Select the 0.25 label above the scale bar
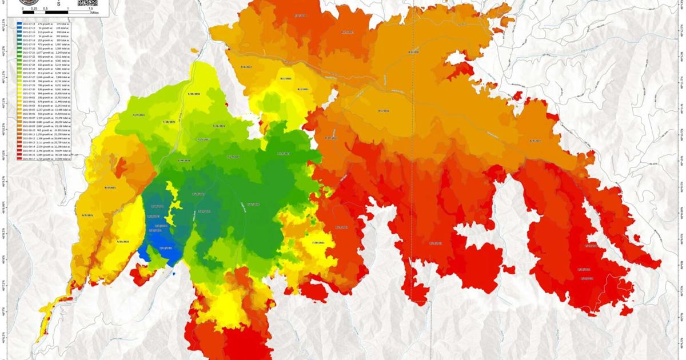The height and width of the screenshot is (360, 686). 34,9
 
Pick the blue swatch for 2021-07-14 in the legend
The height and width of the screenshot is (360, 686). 20,23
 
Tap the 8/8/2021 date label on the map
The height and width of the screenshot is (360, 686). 413,52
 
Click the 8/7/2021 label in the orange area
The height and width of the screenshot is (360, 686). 384,110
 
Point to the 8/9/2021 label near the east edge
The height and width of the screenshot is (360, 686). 535,141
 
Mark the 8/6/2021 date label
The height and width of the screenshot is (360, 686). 246,67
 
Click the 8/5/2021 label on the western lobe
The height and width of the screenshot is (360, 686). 107,187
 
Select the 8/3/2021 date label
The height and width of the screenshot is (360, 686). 87,215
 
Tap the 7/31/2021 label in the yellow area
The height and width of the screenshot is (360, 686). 122,242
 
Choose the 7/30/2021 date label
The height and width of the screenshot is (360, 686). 318,243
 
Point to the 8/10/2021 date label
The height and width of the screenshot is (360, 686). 331,138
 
